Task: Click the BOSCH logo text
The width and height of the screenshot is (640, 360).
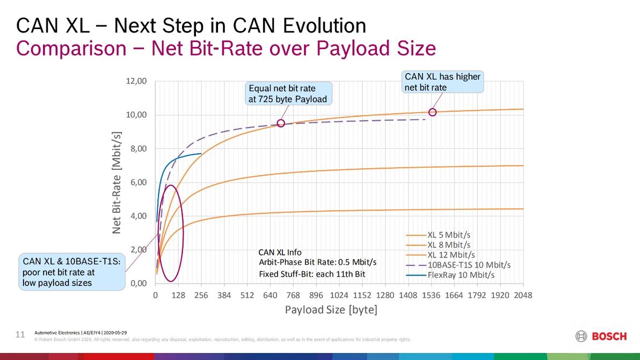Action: (608, 336)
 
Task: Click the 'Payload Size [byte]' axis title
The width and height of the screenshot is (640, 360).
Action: (331, 310)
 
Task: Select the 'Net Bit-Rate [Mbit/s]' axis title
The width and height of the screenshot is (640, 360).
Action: (117, 183)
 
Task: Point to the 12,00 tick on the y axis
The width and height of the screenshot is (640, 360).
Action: (136, 81)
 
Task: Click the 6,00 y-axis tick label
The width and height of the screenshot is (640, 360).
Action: (136, 182)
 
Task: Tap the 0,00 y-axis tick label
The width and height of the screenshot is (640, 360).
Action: (136, 283)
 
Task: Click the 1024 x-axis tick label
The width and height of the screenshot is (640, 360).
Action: (339, 295)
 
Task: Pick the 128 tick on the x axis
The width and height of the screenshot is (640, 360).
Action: (178, 295)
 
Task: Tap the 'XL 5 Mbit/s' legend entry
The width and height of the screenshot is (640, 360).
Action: (449, 235)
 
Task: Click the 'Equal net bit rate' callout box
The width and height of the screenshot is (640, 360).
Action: (288, 93)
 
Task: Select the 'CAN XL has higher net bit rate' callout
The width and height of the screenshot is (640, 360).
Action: (442, 82)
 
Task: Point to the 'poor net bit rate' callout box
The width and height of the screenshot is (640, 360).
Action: (71, 272)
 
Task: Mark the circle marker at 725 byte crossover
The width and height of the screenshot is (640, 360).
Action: (281, 124)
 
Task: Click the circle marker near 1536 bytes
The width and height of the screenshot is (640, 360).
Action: (432, 112)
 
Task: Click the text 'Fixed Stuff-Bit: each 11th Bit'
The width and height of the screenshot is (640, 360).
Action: (312, 275)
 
